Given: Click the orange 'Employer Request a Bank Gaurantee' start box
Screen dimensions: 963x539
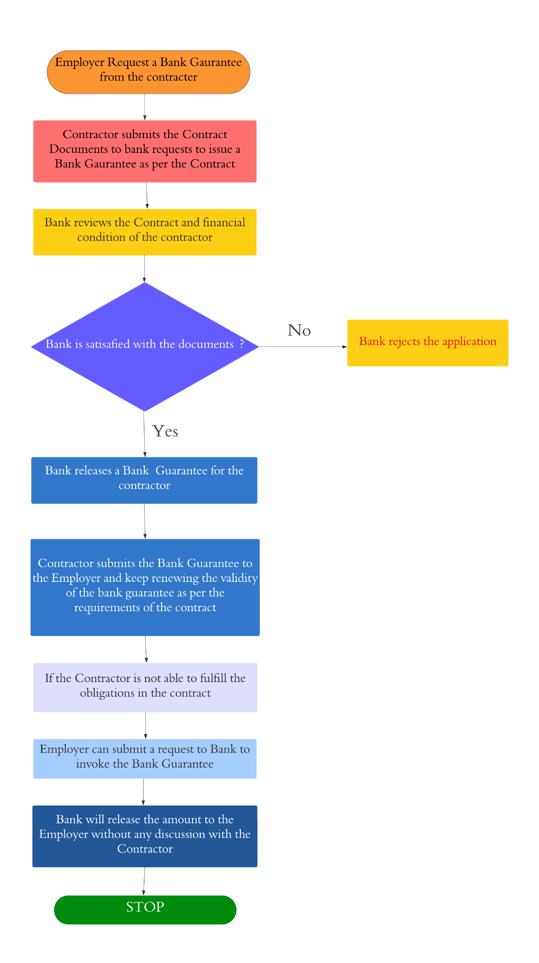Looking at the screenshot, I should (x=148, y=72).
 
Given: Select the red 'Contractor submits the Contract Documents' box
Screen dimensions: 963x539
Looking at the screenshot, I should (x=145, y=151).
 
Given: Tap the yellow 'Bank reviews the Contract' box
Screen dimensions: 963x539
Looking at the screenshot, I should (x=145, y=232).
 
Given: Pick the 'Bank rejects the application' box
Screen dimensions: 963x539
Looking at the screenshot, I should (x=428, y=343).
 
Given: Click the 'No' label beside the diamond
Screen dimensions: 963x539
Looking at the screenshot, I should (x=299, y=330).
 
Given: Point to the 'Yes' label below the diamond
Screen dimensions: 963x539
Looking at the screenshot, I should (x=165, y=431).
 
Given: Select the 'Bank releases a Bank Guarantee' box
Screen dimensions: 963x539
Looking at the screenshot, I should (x=144, y=480).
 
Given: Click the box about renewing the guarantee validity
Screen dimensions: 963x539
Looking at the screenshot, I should (x=145, y=587).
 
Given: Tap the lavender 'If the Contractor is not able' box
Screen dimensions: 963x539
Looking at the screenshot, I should (x=145, y=687).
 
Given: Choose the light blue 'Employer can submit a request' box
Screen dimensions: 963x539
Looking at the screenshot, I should (x=145, y=758).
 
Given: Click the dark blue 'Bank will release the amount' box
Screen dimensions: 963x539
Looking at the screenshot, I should (x=145, y=836).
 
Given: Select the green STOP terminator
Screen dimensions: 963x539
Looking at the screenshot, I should (x=145, y=909).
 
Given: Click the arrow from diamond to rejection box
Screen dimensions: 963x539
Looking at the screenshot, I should (x=302, y=347).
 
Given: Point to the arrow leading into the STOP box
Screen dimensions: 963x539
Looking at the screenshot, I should (x=144, y=881).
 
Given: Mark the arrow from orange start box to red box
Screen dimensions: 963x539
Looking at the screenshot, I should (x=145, y=107).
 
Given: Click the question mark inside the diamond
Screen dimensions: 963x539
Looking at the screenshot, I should (x=242, y=344).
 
